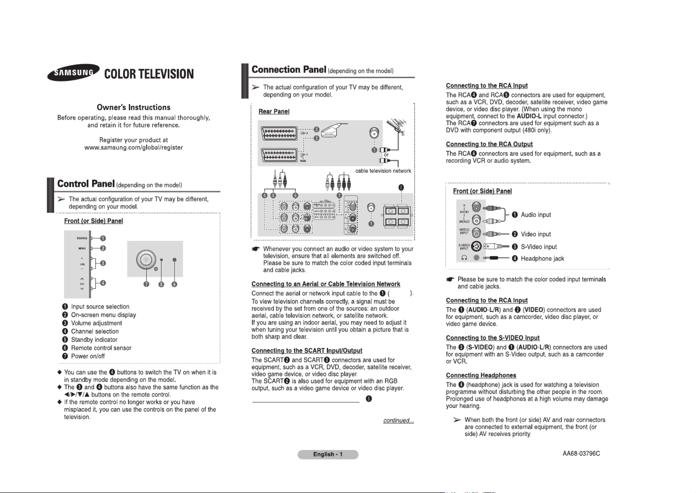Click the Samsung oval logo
(x=73, y=73)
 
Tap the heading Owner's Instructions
(x=134, y=108)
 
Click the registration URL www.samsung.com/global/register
(x=134, y=148)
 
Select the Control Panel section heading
(x=86, y=184)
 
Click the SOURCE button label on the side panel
(x=82, y=238)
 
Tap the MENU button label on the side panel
(x=82, y=248)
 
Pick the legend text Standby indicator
(x=94, y=340)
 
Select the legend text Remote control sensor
(x=101, y=348)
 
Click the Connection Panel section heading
(x=289, y=70)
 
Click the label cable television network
(x=383, y=171)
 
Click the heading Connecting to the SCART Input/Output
(x=307, y=351)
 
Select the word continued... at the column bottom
(x=398, y=420)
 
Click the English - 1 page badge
(x=328, y=455)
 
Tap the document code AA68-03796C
(x=581, y=454)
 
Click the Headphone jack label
(x=542, y=259)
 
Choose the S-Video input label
(x=539, y=247)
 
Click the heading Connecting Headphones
(x=481, y=375)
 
